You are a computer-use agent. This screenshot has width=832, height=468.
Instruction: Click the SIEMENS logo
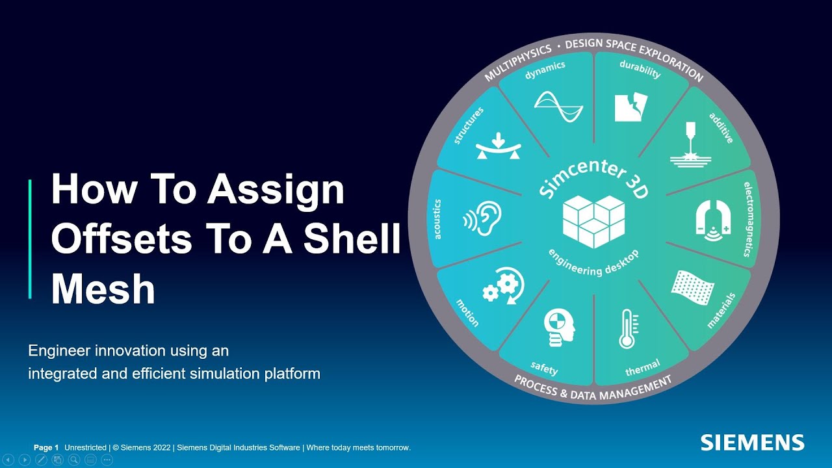752,443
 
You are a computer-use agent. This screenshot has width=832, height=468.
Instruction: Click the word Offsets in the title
121,240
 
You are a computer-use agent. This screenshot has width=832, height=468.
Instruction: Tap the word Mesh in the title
103,289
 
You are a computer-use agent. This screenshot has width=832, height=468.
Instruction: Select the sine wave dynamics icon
558,106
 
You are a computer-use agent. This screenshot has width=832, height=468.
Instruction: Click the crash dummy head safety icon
558,328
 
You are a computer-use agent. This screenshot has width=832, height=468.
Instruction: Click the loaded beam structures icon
499,147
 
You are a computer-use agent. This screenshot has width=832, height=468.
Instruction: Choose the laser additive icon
688,146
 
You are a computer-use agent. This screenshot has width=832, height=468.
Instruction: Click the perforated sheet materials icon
691,287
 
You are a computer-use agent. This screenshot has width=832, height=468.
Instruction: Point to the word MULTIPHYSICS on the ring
517,62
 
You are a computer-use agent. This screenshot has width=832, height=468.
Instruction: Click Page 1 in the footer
46,448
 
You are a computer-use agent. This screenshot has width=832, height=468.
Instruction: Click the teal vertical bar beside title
30,239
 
